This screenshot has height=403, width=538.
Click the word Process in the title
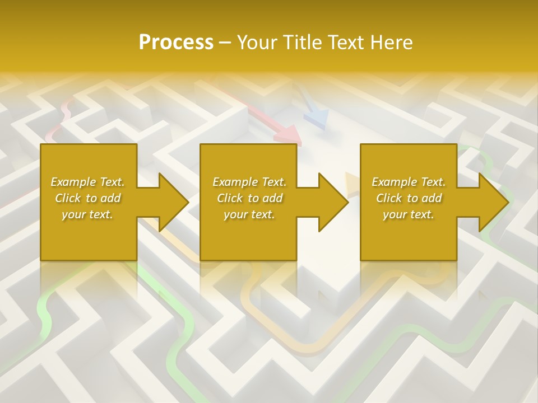175,42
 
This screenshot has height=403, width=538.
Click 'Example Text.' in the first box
87,182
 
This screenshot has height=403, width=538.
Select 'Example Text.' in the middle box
249,182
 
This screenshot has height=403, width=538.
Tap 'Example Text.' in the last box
409,182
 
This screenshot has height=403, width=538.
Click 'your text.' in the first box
87,214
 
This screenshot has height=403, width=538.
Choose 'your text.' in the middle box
249,214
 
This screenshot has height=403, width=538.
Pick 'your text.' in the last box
409,214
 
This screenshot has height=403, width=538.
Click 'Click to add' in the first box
87,198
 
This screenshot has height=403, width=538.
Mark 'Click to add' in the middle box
249,198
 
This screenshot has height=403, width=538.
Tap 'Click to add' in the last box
409,198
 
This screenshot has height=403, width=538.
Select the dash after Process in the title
225,43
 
